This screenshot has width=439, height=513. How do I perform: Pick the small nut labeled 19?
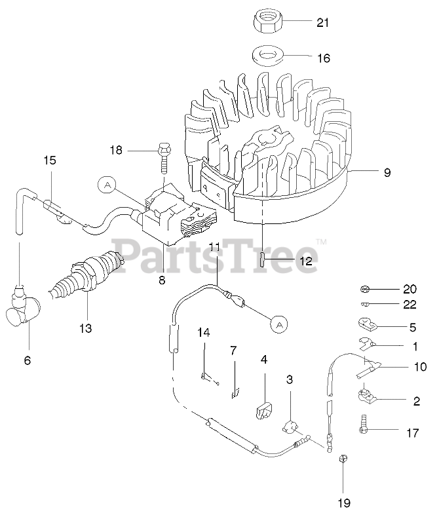343,459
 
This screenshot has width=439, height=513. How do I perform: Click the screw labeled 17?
362,427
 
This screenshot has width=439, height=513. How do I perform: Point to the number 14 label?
204,333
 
